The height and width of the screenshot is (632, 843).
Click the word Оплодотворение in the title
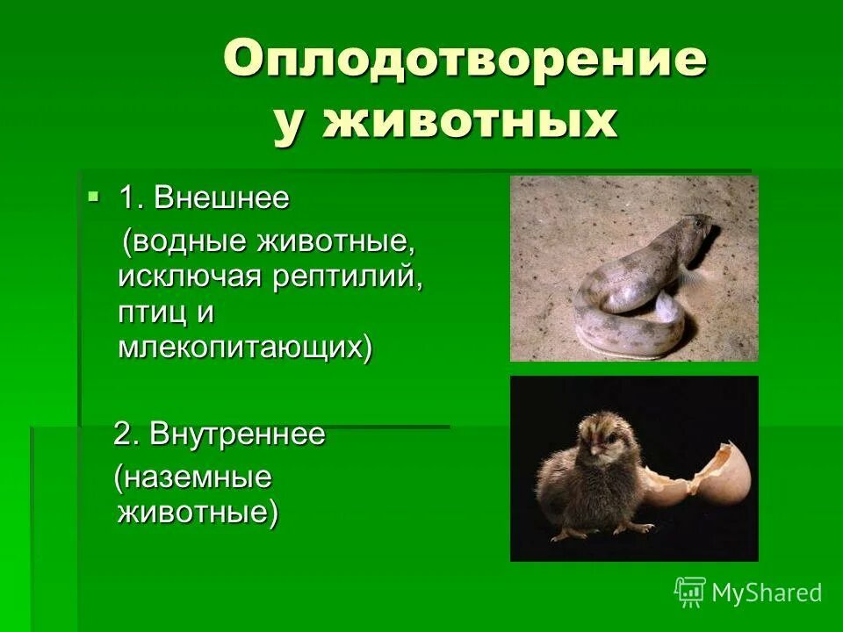coord(465,61)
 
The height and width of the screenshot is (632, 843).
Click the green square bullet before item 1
coord(94,195)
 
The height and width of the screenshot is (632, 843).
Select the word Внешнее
coord(221,198)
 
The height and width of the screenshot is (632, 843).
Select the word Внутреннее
coord(237,434)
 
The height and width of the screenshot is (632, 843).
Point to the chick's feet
coord(597,529)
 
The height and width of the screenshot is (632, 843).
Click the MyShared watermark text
coord(766,592)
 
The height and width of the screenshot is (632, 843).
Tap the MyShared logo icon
coord(689,592)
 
